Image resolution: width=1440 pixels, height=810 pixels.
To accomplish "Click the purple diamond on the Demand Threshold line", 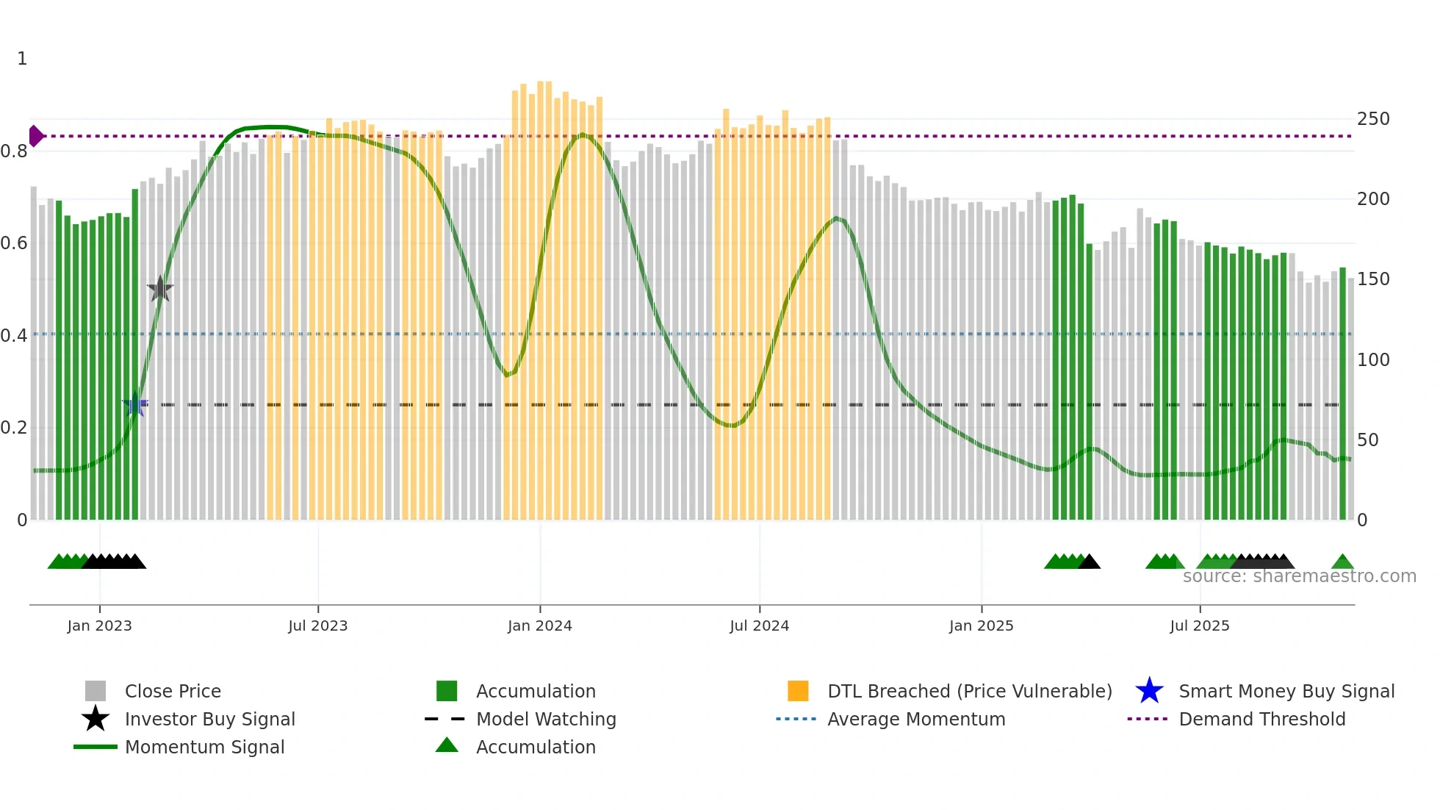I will click(35, 136).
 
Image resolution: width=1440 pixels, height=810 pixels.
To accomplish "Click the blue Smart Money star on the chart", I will click(135, 405).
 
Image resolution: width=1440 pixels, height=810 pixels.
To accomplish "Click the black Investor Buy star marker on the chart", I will click(160, 290).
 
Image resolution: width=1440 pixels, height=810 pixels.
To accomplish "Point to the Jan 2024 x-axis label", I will click(539, 626).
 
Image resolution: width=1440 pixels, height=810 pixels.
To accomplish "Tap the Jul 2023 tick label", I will click(317, 626).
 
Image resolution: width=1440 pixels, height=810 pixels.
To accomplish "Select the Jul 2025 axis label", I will click(1199, 626).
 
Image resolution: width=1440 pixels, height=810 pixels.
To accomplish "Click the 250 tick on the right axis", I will click(1372, 119).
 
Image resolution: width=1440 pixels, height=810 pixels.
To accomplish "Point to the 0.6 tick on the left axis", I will click(14, 243).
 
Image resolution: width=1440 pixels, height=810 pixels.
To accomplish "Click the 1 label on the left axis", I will click(22, 59).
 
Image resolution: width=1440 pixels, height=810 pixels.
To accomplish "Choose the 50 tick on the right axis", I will click(1367, 440).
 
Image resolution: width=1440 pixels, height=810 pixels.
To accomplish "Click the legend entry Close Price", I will click(173, 691).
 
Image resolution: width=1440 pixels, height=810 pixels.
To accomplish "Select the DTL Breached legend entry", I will click(969, 691).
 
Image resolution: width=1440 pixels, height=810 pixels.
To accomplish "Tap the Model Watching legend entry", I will click(545, 719).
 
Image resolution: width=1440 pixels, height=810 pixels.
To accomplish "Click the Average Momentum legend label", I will click(915, 719).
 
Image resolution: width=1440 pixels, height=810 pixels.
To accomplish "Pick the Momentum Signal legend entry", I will click(204, 747).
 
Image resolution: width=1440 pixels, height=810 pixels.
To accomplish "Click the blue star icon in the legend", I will click(1149, 691).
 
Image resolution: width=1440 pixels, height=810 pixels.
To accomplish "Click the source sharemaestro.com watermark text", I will click(1299, 576).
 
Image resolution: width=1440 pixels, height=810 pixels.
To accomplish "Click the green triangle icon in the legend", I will click(447, 745).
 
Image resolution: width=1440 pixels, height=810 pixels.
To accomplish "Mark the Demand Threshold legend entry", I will click(1261, 719).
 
